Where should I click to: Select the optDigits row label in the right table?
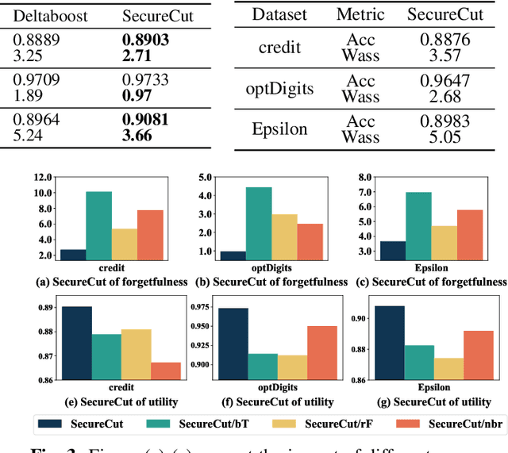pos(279,87)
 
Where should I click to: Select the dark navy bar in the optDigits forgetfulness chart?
pos(233,255)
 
